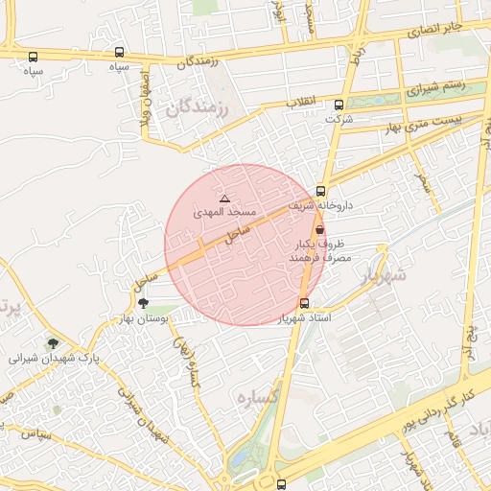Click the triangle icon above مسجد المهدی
click(x=225, y=199)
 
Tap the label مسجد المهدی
click(x=225, y=211)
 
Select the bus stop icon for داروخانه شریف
click(x=320, y=190)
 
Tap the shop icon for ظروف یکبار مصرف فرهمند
click(x=318, y=230)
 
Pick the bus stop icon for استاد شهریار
click(x=304, y=304)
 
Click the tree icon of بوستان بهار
click(x=143, y=304)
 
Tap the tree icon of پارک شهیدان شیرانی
click(x=53, y=343)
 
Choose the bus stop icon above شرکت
click(x=339, y=105)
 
